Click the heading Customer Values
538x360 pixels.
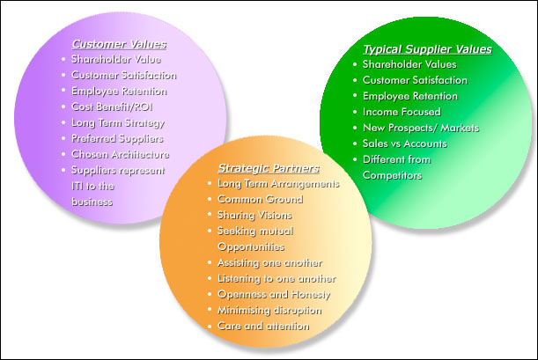119,42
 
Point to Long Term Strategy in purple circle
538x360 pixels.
117,122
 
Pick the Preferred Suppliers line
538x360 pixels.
117,138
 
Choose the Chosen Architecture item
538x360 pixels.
120,154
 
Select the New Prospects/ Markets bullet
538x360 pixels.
421,128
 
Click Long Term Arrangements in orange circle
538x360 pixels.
277,183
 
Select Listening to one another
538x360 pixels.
276,278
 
